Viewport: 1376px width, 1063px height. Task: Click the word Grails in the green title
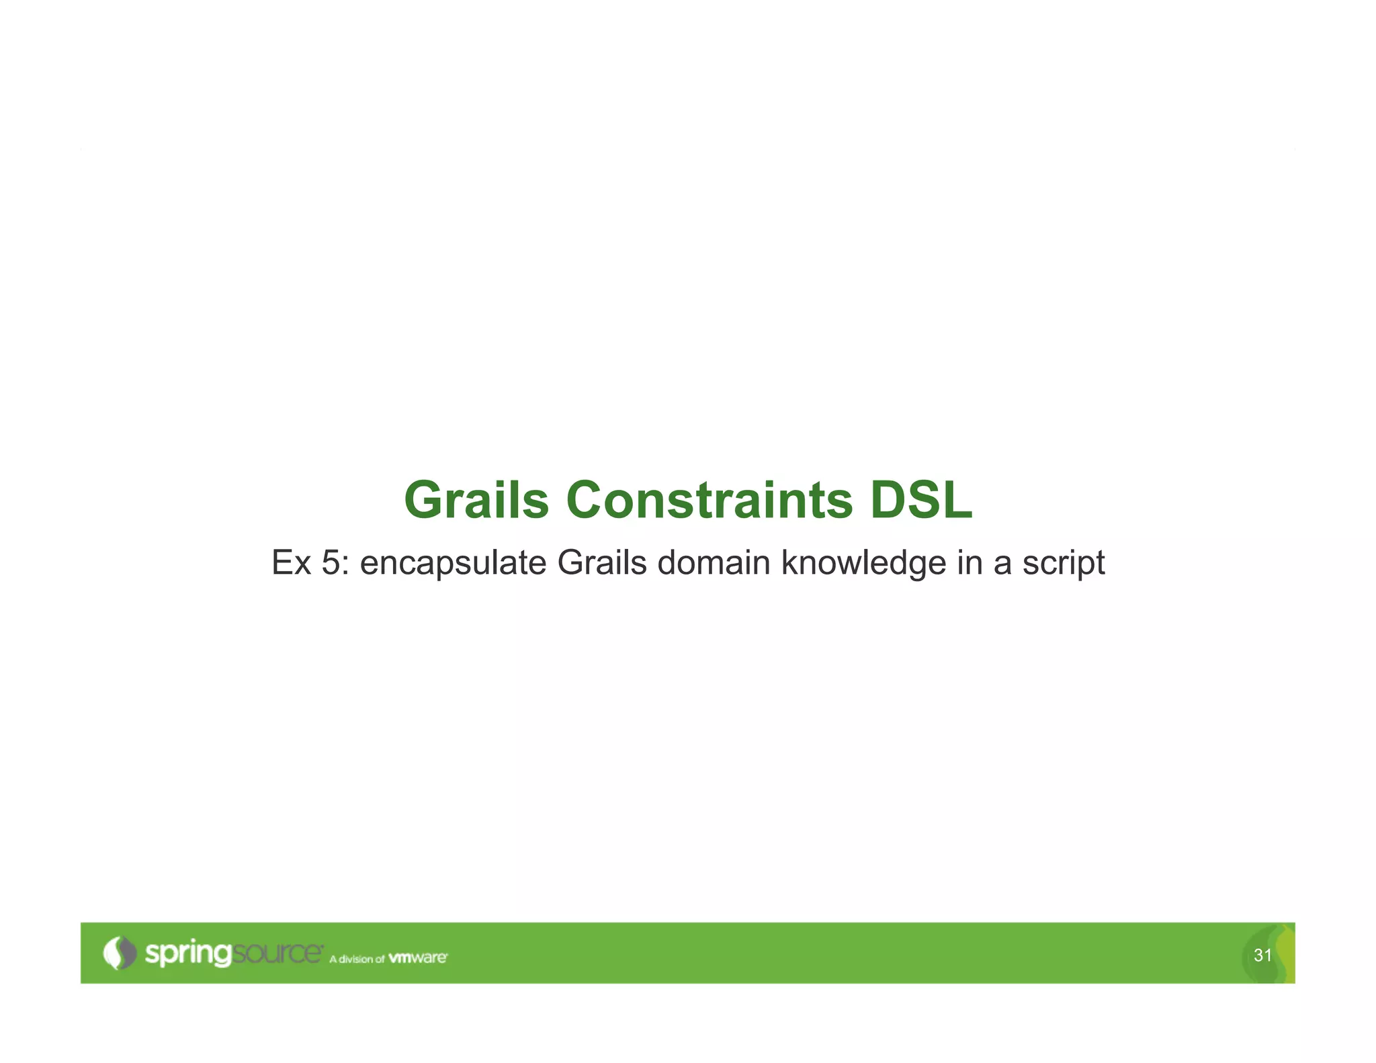476,501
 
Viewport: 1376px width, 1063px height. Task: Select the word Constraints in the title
709,501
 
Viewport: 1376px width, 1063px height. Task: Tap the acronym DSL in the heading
921,501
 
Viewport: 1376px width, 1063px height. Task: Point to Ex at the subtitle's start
291,563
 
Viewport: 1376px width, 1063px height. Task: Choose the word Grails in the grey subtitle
601,563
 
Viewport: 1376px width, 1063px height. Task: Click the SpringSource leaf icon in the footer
119,953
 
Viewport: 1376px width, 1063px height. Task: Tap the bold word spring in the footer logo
188,954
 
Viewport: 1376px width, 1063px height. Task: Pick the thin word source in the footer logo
277,953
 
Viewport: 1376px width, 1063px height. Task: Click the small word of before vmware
380,959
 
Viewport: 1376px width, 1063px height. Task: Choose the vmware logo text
418,958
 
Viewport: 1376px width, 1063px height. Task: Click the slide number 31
1262,955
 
